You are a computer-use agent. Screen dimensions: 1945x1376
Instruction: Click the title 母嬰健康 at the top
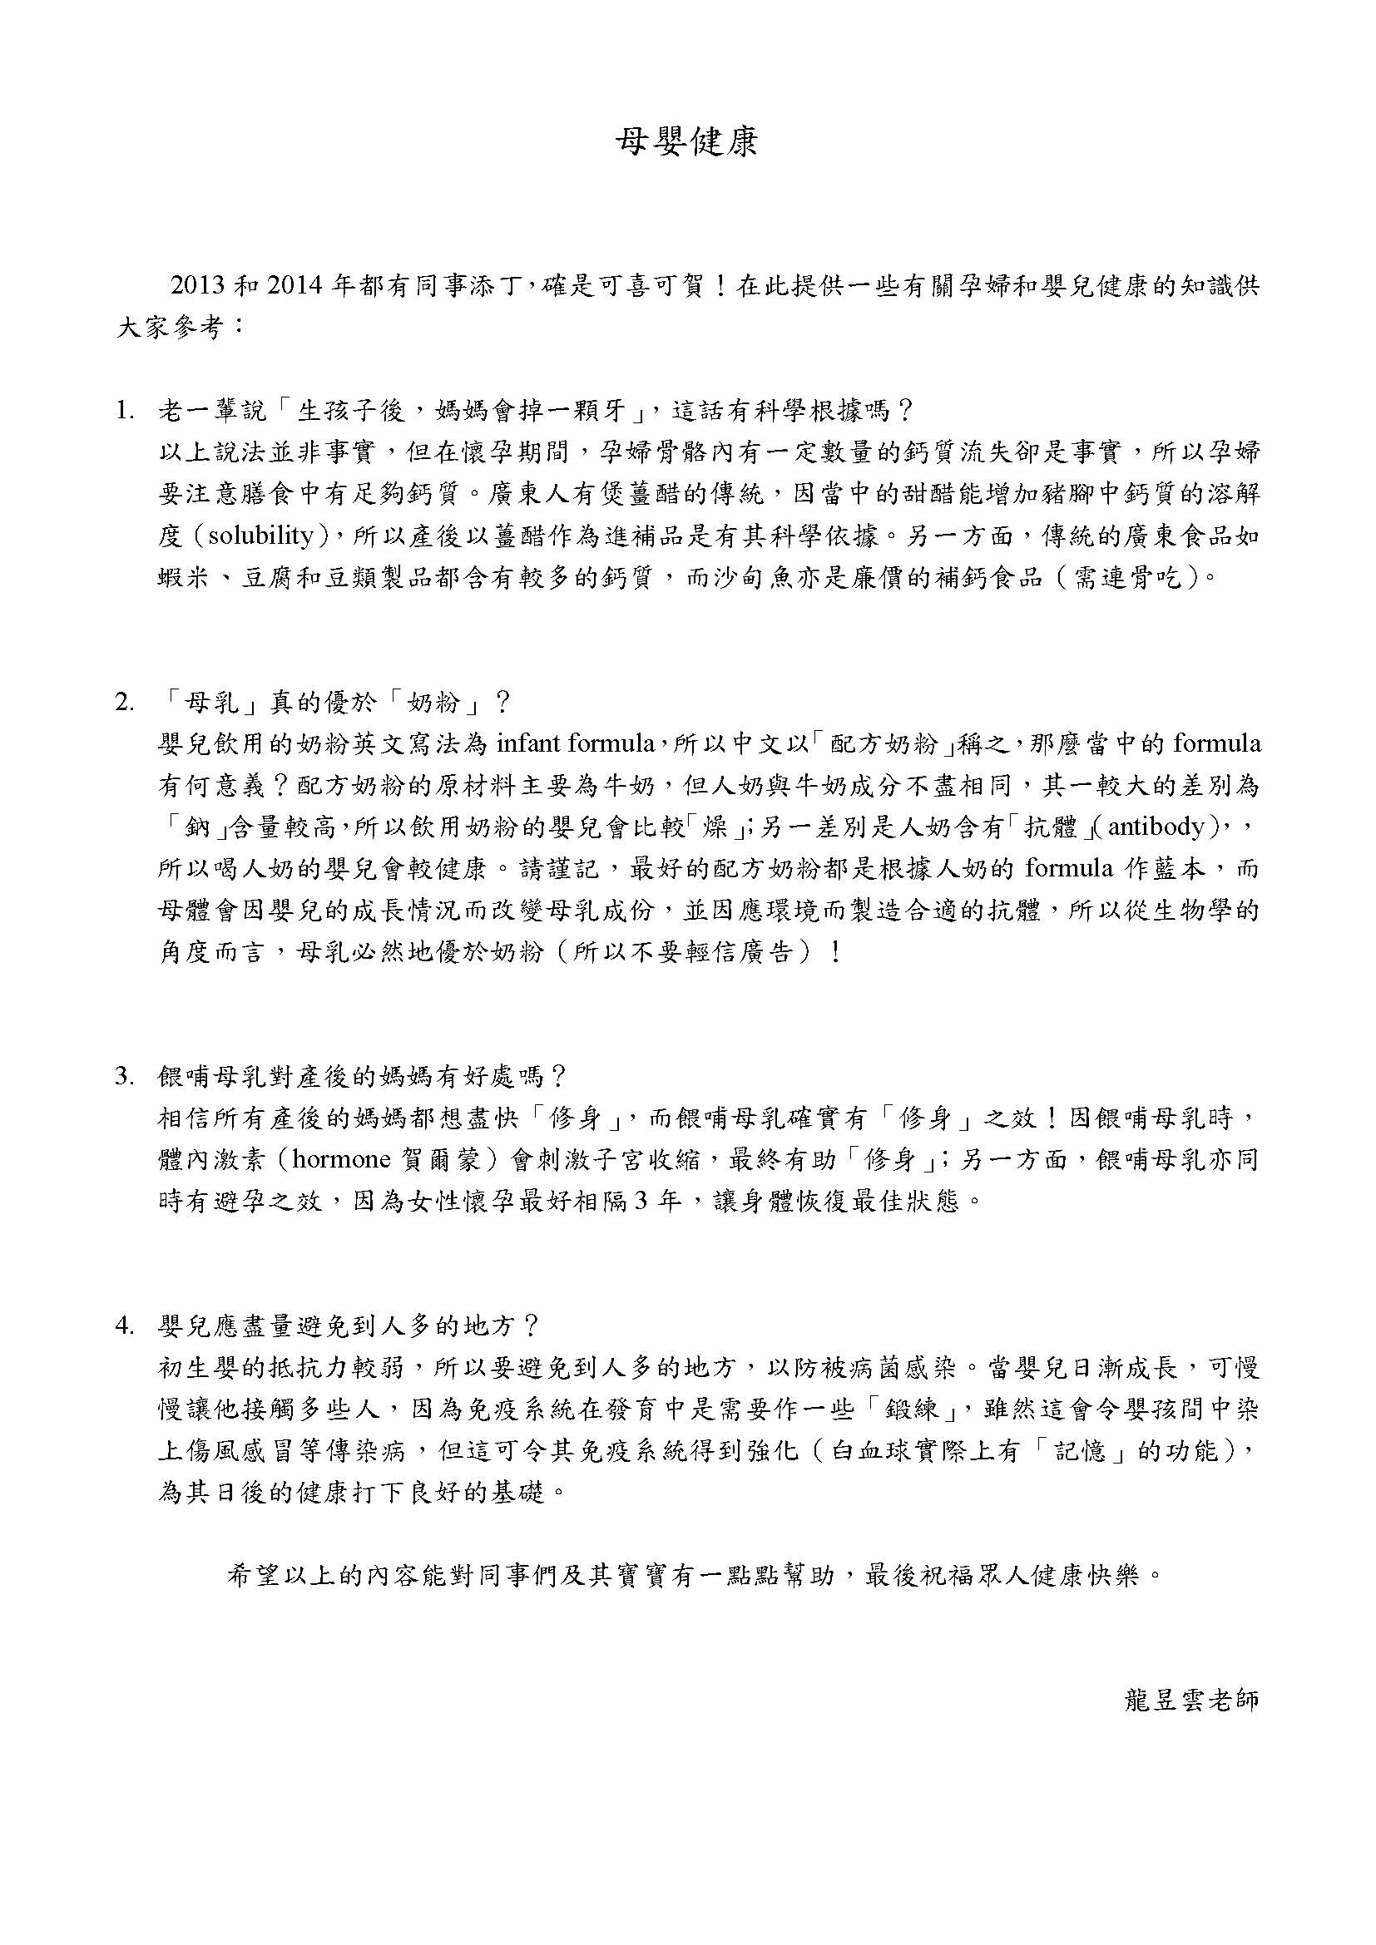pyautogui.click(x=686, y=143)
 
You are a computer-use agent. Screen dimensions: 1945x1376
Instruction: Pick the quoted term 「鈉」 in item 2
pyautogui.click(x=186, y=827)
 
